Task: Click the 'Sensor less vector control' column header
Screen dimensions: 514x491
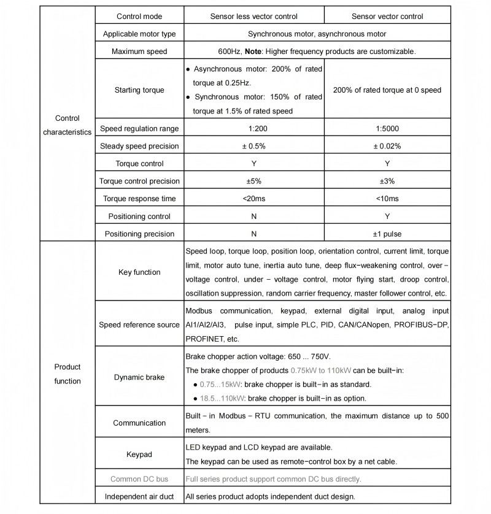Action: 253,17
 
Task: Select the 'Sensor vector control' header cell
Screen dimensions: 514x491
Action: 387,17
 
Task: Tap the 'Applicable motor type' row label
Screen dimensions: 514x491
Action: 139,34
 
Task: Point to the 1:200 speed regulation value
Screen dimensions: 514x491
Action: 253,129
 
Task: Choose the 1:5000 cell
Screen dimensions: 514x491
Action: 387,129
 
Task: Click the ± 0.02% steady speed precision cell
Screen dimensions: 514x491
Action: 387,146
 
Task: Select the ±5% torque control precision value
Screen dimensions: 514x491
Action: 253,181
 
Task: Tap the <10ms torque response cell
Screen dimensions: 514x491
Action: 387,199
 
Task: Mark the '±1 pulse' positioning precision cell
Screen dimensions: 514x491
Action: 387,234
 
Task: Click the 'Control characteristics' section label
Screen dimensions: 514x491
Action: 68,125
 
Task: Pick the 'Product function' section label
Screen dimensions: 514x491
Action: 68,374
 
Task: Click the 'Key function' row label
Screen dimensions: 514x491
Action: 139,272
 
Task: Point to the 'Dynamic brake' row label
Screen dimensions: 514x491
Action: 139,377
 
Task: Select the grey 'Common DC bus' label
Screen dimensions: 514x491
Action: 139,479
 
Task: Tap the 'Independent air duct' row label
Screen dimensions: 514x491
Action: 139,496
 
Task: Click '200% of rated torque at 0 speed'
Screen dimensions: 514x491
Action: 387,90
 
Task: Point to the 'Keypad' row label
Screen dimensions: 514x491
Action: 139,455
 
